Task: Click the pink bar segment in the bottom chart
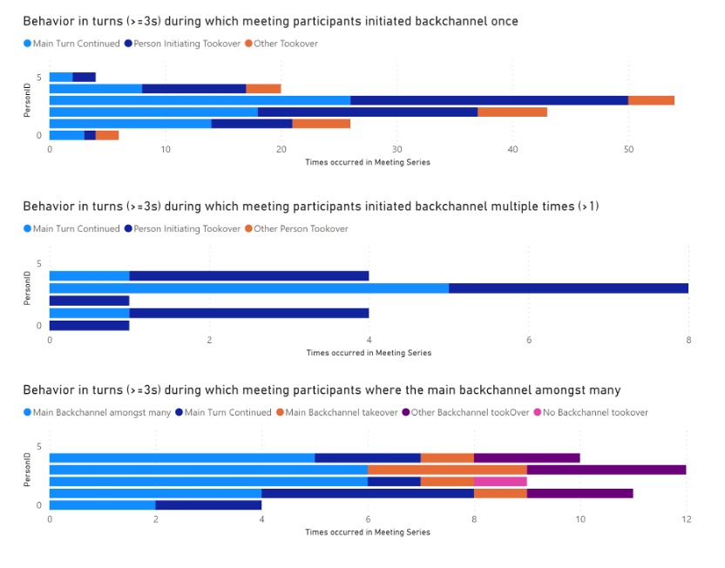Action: pyautogui.click(x=500, y=481)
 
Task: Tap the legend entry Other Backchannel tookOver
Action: pyautogui.click(x=471, y=412)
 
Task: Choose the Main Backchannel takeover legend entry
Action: pyautogui.click(x=341, y=412)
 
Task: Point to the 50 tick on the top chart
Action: pyautogui.click(x=628, y=150)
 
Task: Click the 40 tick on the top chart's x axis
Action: pyautogui.click(x=512, y=150)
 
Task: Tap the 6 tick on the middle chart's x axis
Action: pyautogui.click(x=529, y=340)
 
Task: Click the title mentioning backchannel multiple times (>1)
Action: pyautogui.click(x=310, y=206)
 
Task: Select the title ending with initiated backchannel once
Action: pyautogui.click(x=270, y=20)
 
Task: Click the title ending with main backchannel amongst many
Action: pyautogui.click(x=322, y=390)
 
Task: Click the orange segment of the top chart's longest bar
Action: pyautogui.click(x=651, y=100)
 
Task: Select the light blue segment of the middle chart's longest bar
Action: pyautogui.click(x=249, y=288)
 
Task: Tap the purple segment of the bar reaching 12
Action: pyautogui.click(x=606, y=470)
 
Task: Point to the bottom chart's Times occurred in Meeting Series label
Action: pyautogui.click(x=367, y=531)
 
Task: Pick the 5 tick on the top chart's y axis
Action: pyautogui.click(x=38, y=77)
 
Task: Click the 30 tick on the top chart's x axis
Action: pyautogui.click(x=396, y=150)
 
